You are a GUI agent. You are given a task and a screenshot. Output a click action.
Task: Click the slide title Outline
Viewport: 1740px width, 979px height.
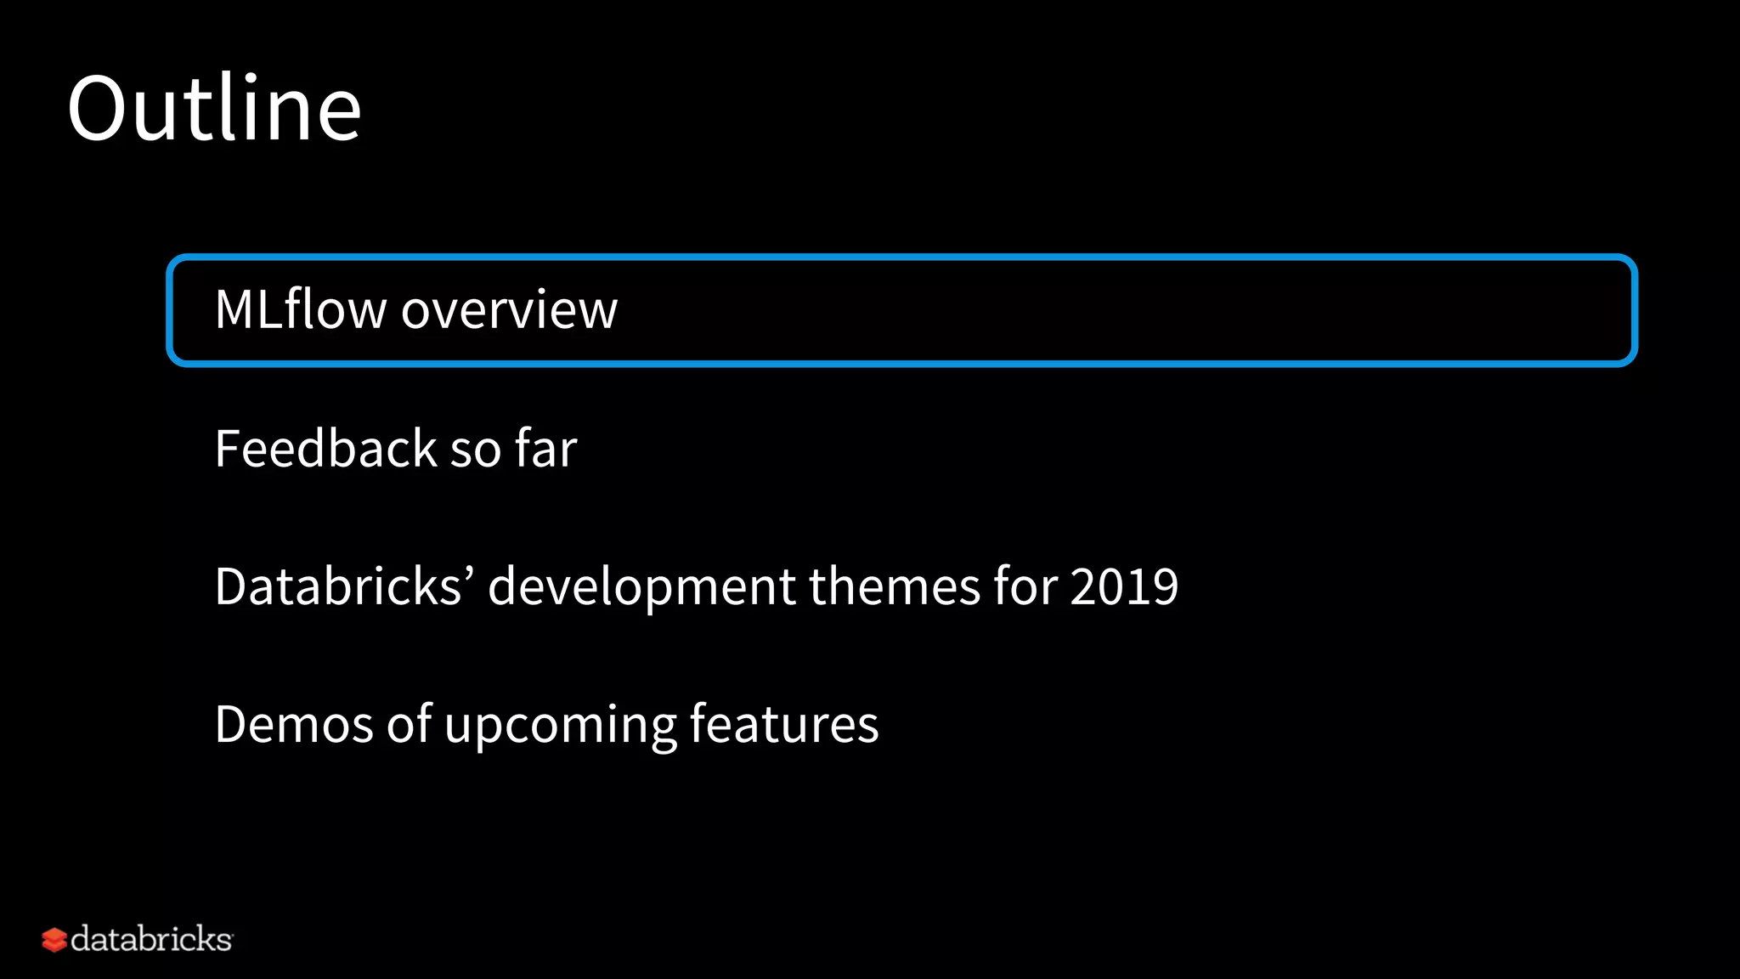[214, 108]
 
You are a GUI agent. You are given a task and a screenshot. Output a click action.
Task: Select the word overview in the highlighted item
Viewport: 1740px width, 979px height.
[509, 310]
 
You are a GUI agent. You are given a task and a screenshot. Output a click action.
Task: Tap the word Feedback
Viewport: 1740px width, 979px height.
[325, 449]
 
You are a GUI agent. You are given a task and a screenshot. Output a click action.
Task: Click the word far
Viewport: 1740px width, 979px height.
[546, 449]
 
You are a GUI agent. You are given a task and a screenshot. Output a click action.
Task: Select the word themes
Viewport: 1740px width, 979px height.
[895, 586]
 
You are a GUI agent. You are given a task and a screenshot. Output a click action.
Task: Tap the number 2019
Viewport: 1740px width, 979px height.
[1124, 586]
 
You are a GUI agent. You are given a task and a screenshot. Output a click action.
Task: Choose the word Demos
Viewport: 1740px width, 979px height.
[294, 725]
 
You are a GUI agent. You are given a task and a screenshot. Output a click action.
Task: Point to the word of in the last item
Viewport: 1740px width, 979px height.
[410, 724]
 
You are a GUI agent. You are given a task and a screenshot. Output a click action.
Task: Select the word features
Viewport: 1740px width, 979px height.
[783, 725]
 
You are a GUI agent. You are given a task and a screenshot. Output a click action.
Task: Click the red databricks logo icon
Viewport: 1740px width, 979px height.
[54, 940]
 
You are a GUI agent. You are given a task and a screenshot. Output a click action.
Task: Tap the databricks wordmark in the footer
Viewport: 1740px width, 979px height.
[151, 939]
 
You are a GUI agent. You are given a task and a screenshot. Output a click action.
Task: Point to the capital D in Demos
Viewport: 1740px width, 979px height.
[233, 725]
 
